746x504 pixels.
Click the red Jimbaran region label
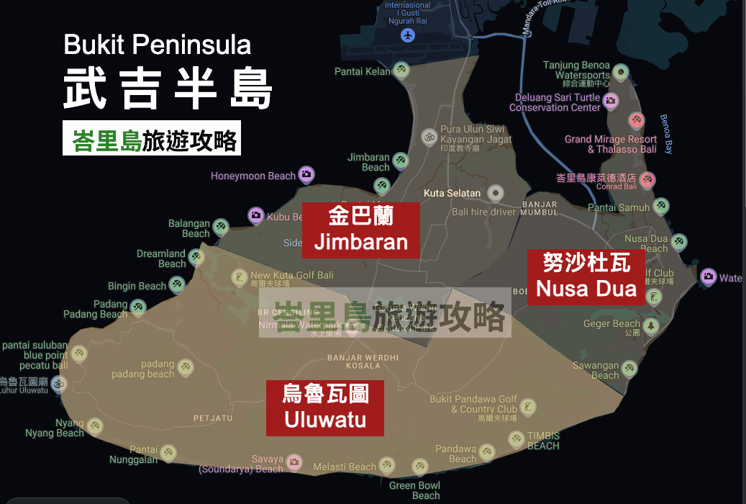(x=360, y=228)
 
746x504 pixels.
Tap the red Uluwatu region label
(x=324, y=408)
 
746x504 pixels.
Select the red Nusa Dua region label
(x=586, y=276)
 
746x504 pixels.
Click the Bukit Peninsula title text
(x=158, y=45)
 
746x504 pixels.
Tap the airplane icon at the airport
(x=409, y=35)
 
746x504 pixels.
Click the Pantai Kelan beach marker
(x=402, y=71)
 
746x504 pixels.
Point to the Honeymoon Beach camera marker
(x=307, y=174)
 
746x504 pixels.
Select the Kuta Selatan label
(x=452, y=193)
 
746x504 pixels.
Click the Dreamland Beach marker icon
(x=197, y=256)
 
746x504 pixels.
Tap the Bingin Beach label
(x=137, y=286)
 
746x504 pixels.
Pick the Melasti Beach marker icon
(x=387, y=465)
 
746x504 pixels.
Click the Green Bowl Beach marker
(x=420, y=467)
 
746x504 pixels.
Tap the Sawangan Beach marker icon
(x=629, y=369)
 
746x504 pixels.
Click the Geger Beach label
(x=611, y=324)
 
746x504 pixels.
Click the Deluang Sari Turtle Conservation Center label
(x=555, y=102)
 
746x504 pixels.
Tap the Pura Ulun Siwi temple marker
(x=429, y=136)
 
